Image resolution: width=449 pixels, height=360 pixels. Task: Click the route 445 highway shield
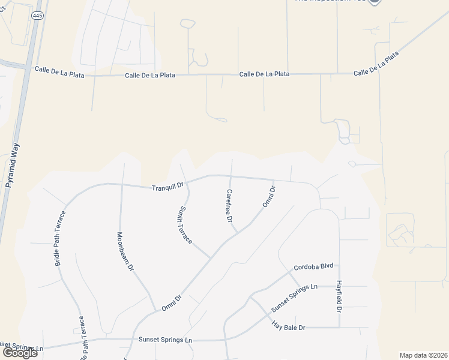point(38,16)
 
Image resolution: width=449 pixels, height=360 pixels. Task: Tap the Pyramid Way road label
point(13,166)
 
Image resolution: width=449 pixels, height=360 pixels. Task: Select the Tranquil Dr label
point(167,187)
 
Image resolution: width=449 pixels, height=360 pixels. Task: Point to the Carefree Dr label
point(229,206)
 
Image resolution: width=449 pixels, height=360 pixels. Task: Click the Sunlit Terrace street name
point(185,225)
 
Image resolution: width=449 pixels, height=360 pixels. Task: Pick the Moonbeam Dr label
point(125,253)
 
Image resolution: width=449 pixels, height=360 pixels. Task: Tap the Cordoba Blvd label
point(313,267)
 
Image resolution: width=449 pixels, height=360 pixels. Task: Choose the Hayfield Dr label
point(339,297)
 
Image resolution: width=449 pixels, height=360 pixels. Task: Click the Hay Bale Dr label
point(289,327)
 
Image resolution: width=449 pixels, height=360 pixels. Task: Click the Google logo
point(20,353)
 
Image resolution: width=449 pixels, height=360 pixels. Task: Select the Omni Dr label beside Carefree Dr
point(268,197)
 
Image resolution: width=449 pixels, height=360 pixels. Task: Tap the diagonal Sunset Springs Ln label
point(294,297)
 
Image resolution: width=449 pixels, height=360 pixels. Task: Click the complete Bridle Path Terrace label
point(61,238)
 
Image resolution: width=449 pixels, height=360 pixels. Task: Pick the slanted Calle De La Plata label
point(376,64)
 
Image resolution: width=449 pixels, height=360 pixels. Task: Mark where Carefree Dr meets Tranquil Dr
point(232,176)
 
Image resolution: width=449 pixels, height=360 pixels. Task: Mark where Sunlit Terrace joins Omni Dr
point(210,258)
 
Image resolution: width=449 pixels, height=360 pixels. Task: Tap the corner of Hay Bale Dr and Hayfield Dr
point(339,328)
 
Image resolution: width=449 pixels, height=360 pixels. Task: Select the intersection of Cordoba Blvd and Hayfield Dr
point(339,265)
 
